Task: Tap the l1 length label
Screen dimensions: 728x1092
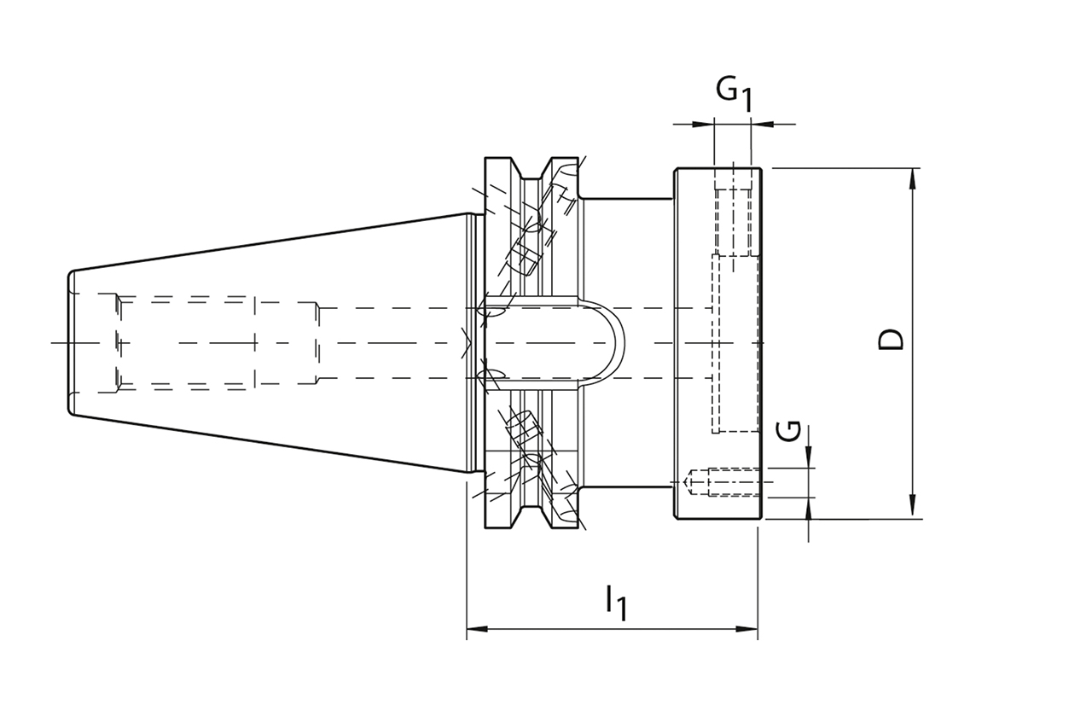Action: (x=616, y=601)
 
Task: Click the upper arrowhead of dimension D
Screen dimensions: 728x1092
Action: (x=913, y=176)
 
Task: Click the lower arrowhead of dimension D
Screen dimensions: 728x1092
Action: (x=913, y=510)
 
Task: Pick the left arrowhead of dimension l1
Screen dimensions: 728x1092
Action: (x=474, y=631)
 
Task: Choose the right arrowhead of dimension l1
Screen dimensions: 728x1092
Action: (x=751, y=631)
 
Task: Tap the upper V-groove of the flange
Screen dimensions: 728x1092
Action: (x=533, y=171)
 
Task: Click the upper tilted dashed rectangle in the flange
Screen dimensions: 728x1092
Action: (x=522, y=256)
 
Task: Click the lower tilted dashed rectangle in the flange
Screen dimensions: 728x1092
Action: (x=522, y=427)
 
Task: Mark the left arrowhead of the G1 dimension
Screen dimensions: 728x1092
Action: (x=707, y=124)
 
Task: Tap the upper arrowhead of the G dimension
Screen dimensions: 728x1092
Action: (x=809, y=462)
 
